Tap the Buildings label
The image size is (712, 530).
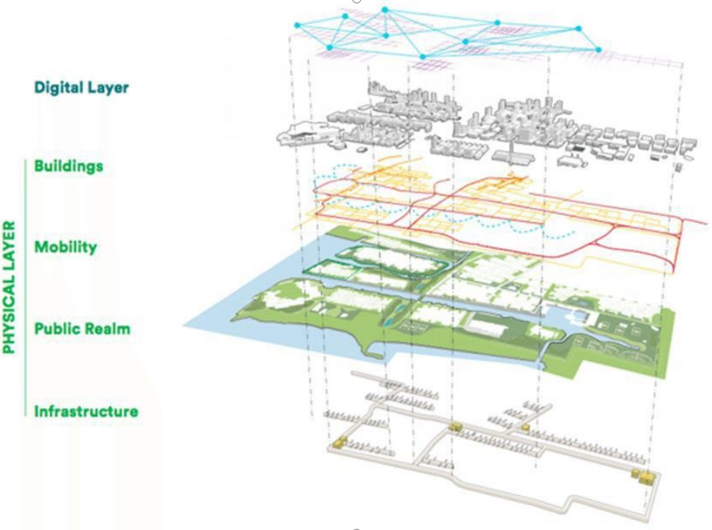[x=68, y=165]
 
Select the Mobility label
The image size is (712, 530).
[x=65, y=247]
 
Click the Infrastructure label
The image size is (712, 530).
[x=86, y=412]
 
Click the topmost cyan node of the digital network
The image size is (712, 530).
[x=385, y=10]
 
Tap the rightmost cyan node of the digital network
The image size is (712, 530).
[x=598, y=50]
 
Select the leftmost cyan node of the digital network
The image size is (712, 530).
[x=298, y=25]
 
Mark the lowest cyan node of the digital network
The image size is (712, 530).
[x=423, y=56]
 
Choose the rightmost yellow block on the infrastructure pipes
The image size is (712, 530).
[x=644, y=477]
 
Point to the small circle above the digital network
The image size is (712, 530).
[x=356, y=2]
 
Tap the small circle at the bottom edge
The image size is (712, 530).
[x=356, y=527]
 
